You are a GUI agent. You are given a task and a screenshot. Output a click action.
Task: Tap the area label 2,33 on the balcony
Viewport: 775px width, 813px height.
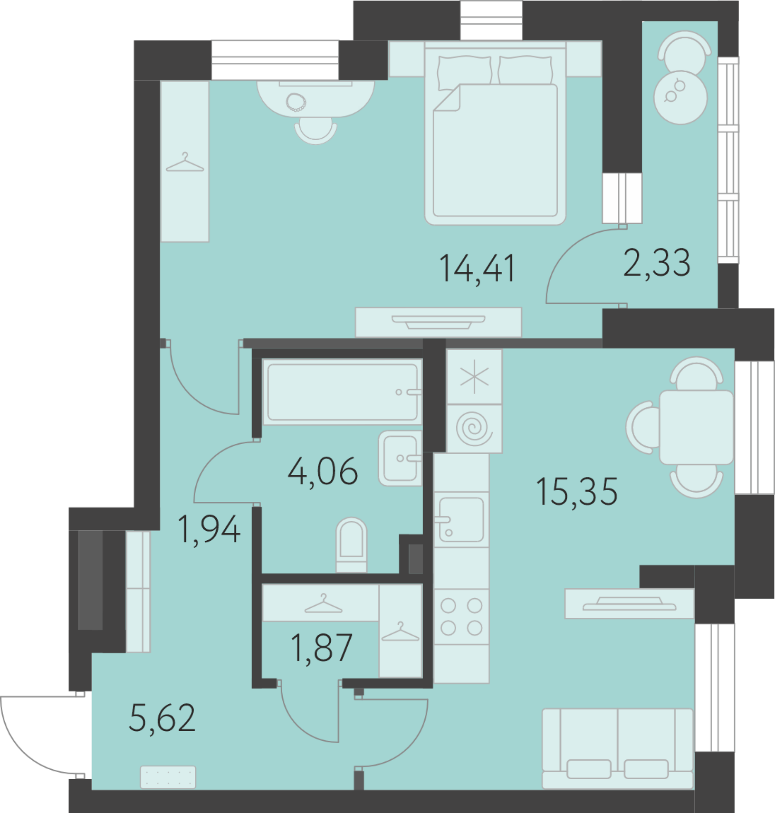(656, 263)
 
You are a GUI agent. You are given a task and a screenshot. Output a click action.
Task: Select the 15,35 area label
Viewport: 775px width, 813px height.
(577, 491)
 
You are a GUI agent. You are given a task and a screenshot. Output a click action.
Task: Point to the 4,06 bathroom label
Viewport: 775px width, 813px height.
(323, 471)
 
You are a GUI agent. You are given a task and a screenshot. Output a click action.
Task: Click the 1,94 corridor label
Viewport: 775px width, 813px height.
(208, 530)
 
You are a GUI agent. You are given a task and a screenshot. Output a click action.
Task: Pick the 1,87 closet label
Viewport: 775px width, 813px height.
(322, 648)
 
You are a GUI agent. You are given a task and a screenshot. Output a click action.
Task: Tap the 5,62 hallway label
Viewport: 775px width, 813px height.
(162, 718)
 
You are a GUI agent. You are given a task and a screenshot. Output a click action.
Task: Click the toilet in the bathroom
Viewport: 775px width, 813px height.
(351, 545)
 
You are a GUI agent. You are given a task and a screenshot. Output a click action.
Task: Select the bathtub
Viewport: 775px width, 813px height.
(343, 392)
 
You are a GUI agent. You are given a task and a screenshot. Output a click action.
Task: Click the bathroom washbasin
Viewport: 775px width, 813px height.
(400, 458)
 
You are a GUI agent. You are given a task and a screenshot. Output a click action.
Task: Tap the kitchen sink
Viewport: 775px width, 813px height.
(461, 520)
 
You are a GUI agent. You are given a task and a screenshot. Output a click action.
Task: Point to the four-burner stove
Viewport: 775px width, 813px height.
(461, 616)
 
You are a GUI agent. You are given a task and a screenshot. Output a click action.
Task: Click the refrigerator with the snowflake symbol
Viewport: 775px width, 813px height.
(475, 376)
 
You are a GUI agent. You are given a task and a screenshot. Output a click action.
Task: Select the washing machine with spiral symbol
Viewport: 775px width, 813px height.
(475, 428)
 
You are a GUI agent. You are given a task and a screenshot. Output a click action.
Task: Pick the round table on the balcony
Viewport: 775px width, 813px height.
(681, 98)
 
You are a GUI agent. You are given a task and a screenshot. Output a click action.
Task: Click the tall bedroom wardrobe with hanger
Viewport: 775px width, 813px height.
(185, 161)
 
